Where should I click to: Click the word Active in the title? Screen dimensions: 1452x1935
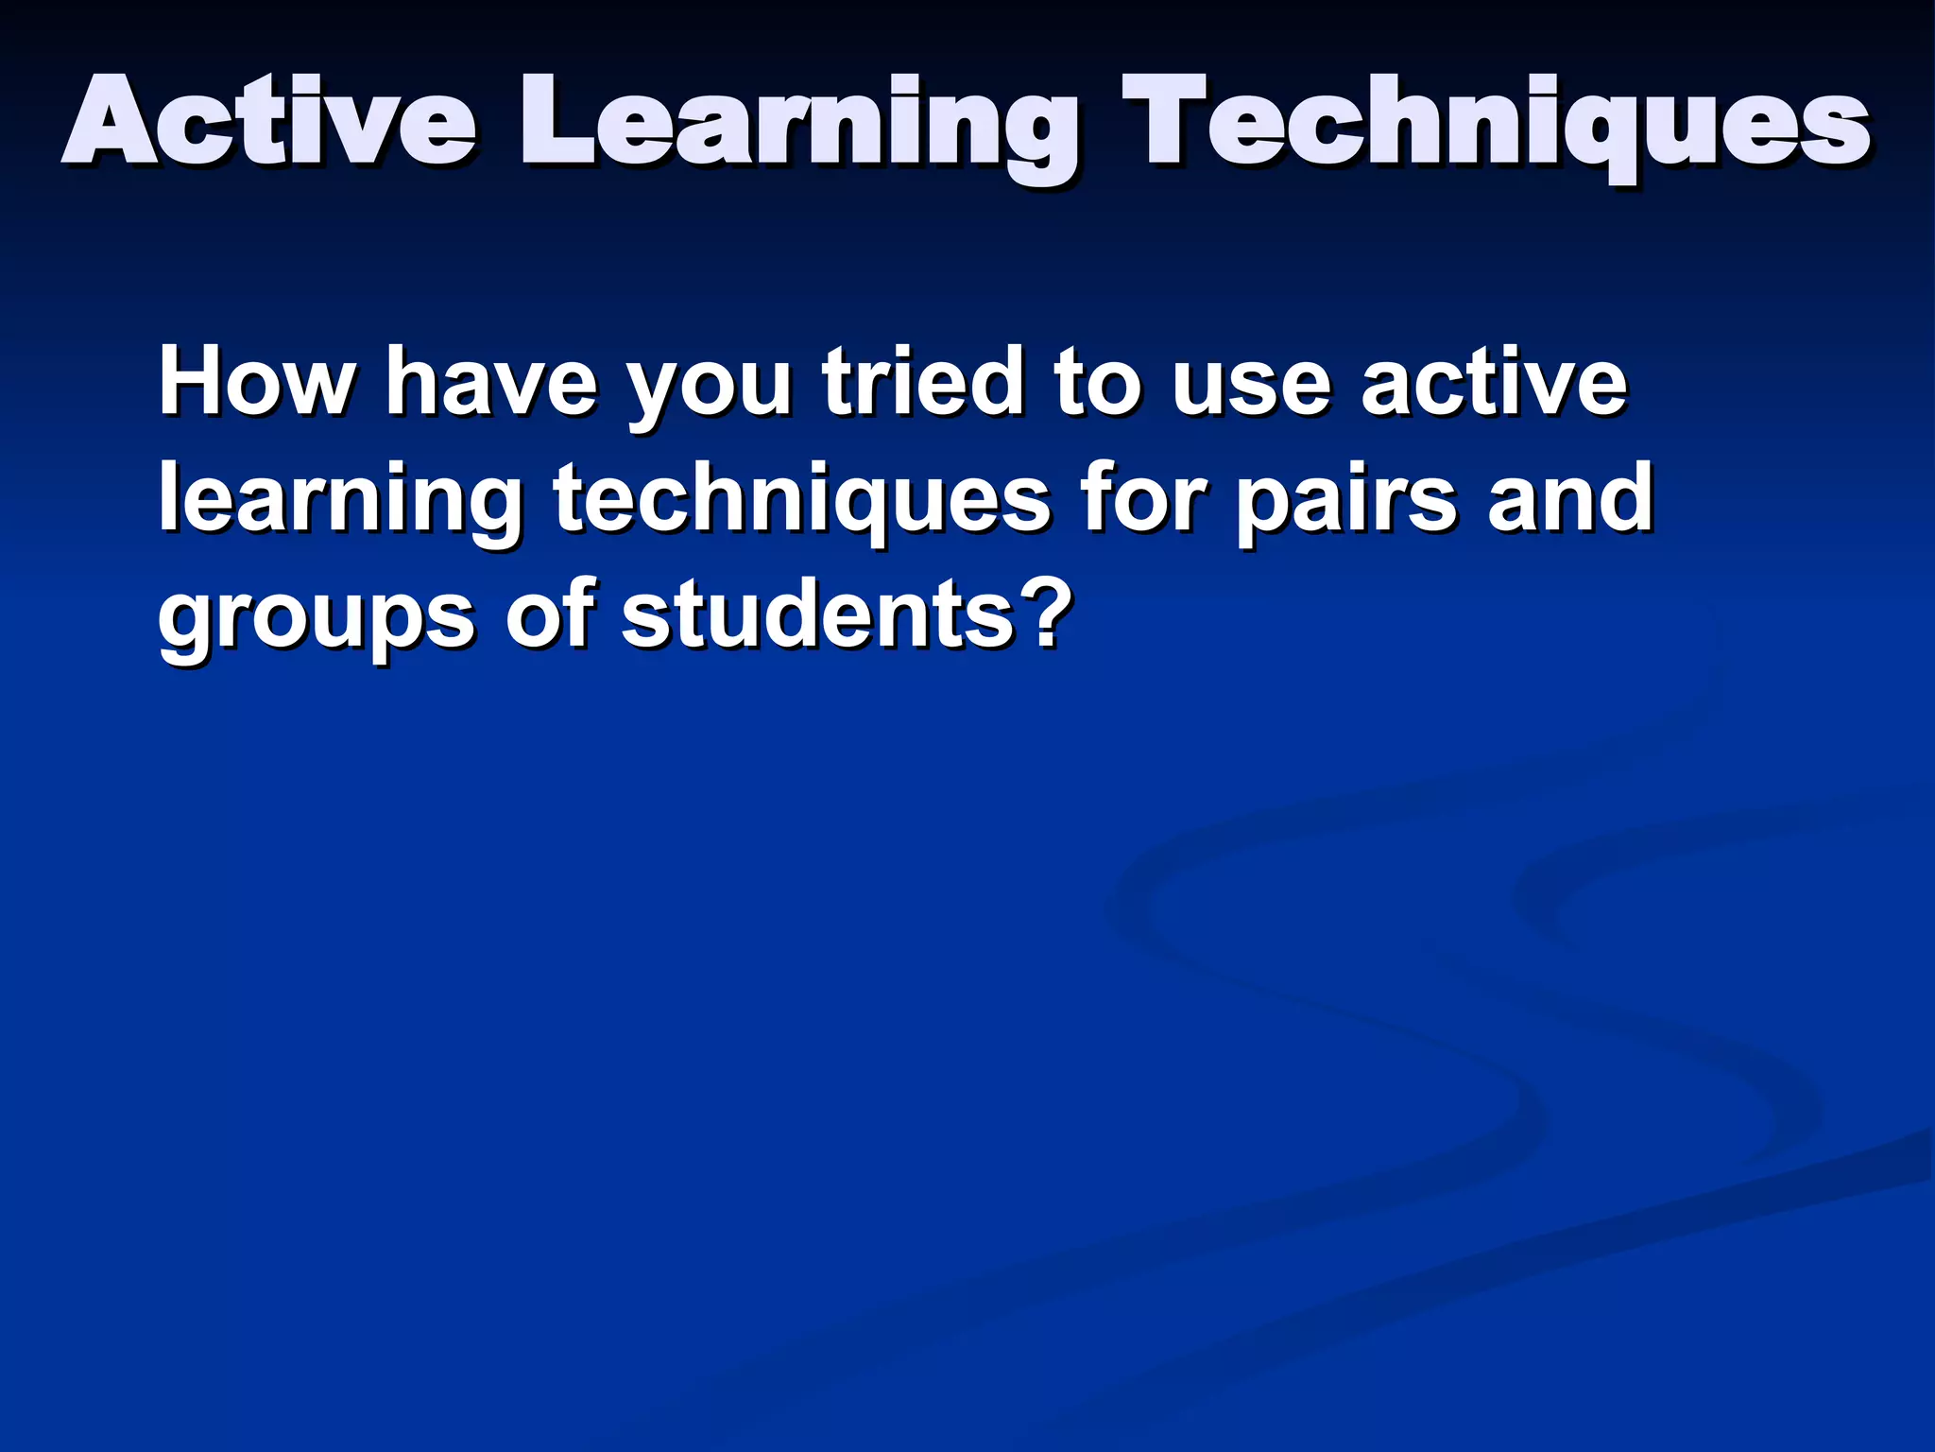coord(269,123)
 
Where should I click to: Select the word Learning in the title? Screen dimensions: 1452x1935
coord(799,128)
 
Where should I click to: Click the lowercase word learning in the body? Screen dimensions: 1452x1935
coord(339,501)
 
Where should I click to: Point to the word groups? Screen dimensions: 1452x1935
coord(316,619)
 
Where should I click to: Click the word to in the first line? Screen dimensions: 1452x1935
coord(1096,383)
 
